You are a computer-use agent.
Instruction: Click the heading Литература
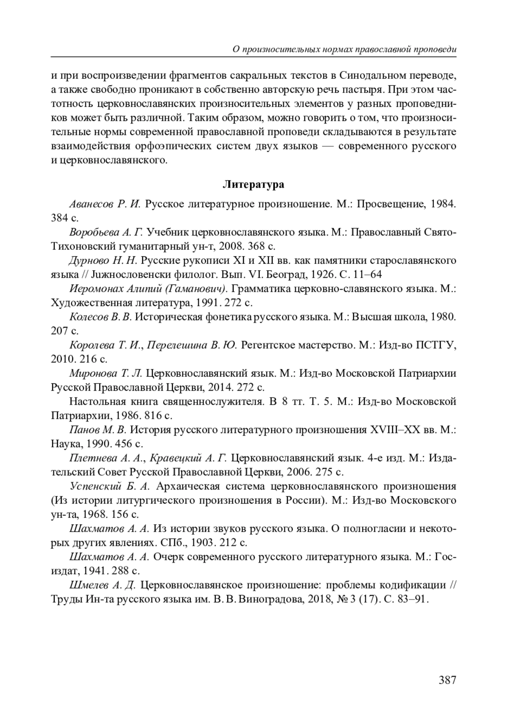coord(253,185)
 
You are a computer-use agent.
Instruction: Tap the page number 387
coord(447,680)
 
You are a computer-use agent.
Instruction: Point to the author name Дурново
coord(88,260)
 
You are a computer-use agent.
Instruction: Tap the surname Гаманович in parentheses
coord(199,289)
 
